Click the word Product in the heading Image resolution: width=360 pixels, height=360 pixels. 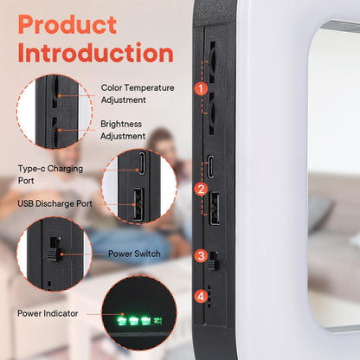[x=67, y=24]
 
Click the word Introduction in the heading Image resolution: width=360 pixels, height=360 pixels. [x=96, y=53]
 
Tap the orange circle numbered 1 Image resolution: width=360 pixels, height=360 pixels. [x=201, y=88]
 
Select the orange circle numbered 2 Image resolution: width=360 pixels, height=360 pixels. [x=201, y=189]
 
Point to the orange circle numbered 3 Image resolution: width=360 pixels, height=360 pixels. [x=201, y=255]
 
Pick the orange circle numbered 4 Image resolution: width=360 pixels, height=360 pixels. [x=201, y=296]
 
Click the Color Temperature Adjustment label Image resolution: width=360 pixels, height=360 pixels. [x=138, y=93]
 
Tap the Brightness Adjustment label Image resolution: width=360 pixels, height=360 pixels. [x=123, y=130]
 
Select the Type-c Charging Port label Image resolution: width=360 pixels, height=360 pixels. [x=50, y=175]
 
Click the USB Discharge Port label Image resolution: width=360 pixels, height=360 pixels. [x=55, y=203]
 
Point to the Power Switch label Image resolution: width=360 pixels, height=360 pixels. [x=134, y=254]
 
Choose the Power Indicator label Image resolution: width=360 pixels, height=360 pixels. [x=48, y=313]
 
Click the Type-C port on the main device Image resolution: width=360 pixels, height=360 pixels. [x=211, y=166]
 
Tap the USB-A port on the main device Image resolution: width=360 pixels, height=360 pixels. [x=215, y=208]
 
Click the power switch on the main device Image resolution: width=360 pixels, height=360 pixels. [x=214, y=260]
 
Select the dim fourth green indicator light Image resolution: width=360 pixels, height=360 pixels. [x=157, y=320]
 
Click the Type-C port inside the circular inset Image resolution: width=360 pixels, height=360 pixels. [x=142, y=164]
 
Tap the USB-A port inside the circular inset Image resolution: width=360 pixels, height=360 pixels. [x=138, y=204]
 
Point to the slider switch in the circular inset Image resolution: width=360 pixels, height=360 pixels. [x=55, y=249]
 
